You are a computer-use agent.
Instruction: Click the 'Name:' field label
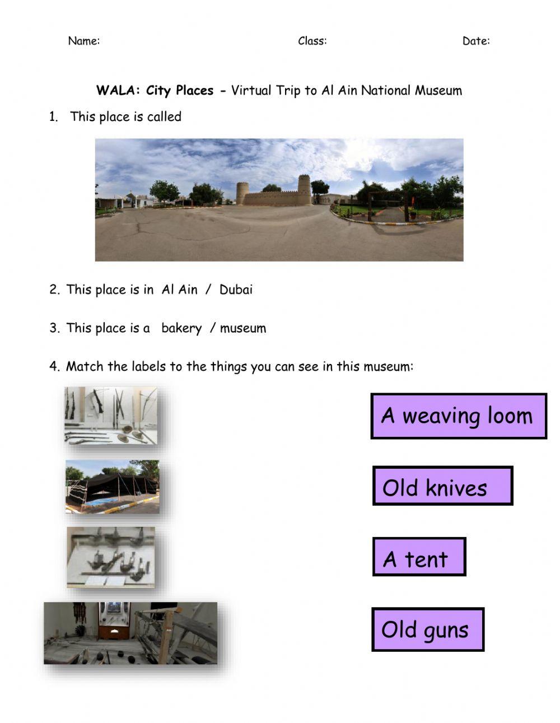(83, 41)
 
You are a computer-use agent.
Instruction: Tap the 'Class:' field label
(312, 41)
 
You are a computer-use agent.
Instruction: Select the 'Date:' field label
(475, 41)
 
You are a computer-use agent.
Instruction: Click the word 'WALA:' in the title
(118, 91)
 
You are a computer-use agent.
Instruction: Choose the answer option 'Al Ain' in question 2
(179, 290)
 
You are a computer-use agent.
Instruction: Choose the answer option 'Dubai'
(236, 290)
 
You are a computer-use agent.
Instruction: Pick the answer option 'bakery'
(181, 328)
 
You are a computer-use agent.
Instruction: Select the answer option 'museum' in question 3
(242, 328)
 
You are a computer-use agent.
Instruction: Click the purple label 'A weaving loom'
(458, 416)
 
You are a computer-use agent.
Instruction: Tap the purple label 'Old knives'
(442, 486)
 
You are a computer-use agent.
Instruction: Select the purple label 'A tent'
(418, 557)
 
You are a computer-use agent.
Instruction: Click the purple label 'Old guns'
(427, 629)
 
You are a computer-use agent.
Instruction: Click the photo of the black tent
(112, 486)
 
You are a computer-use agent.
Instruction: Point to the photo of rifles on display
(111, 416)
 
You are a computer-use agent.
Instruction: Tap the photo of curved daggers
(111, 557)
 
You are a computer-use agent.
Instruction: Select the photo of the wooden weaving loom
(130, 633)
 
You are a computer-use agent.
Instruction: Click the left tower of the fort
(242, 193)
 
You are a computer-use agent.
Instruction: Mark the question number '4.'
(54, 367)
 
